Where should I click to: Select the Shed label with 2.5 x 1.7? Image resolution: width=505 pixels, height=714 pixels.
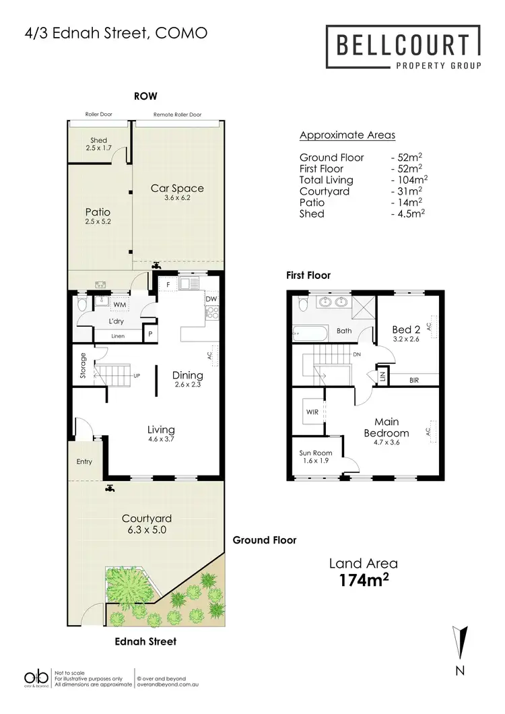point(98,143)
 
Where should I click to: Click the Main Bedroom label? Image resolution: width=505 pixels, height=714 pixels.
point(386,429)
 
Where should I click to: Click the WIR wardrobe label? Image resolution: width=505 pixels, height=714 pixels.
point(312,410)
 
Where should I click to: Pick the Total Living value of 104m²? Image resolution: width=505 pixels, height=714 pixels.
point(410,180)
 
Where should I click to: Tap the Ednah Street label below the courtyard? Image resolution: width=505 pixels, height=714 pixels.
point(145,641)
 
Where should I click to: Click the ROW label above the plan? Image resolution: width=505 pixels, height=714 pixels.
point(145,96)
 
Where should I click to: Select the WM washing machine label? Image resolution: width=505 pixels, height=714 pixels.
point(120,306)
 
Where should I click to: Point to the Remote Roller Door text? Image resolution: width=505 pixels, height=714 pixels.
point(178,115)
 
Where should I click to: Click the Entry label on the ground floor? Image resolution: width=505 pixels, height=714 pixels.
point(84,461)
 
